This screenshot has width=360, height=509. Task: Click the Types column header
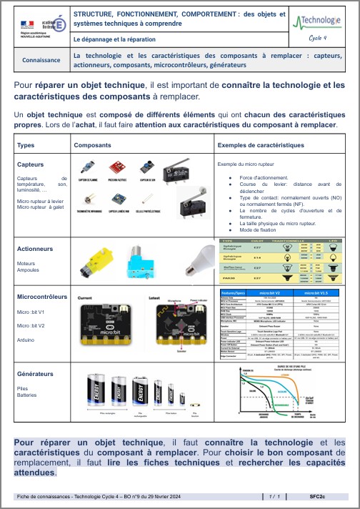26,145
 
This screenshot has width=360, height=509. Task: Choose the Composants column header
93,145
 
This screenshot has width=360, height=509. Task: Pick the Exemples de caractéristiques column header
258,145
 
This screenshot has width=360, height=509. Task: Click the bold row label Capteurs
31,164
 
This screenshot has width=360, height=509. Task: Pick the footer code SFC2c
318,495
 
